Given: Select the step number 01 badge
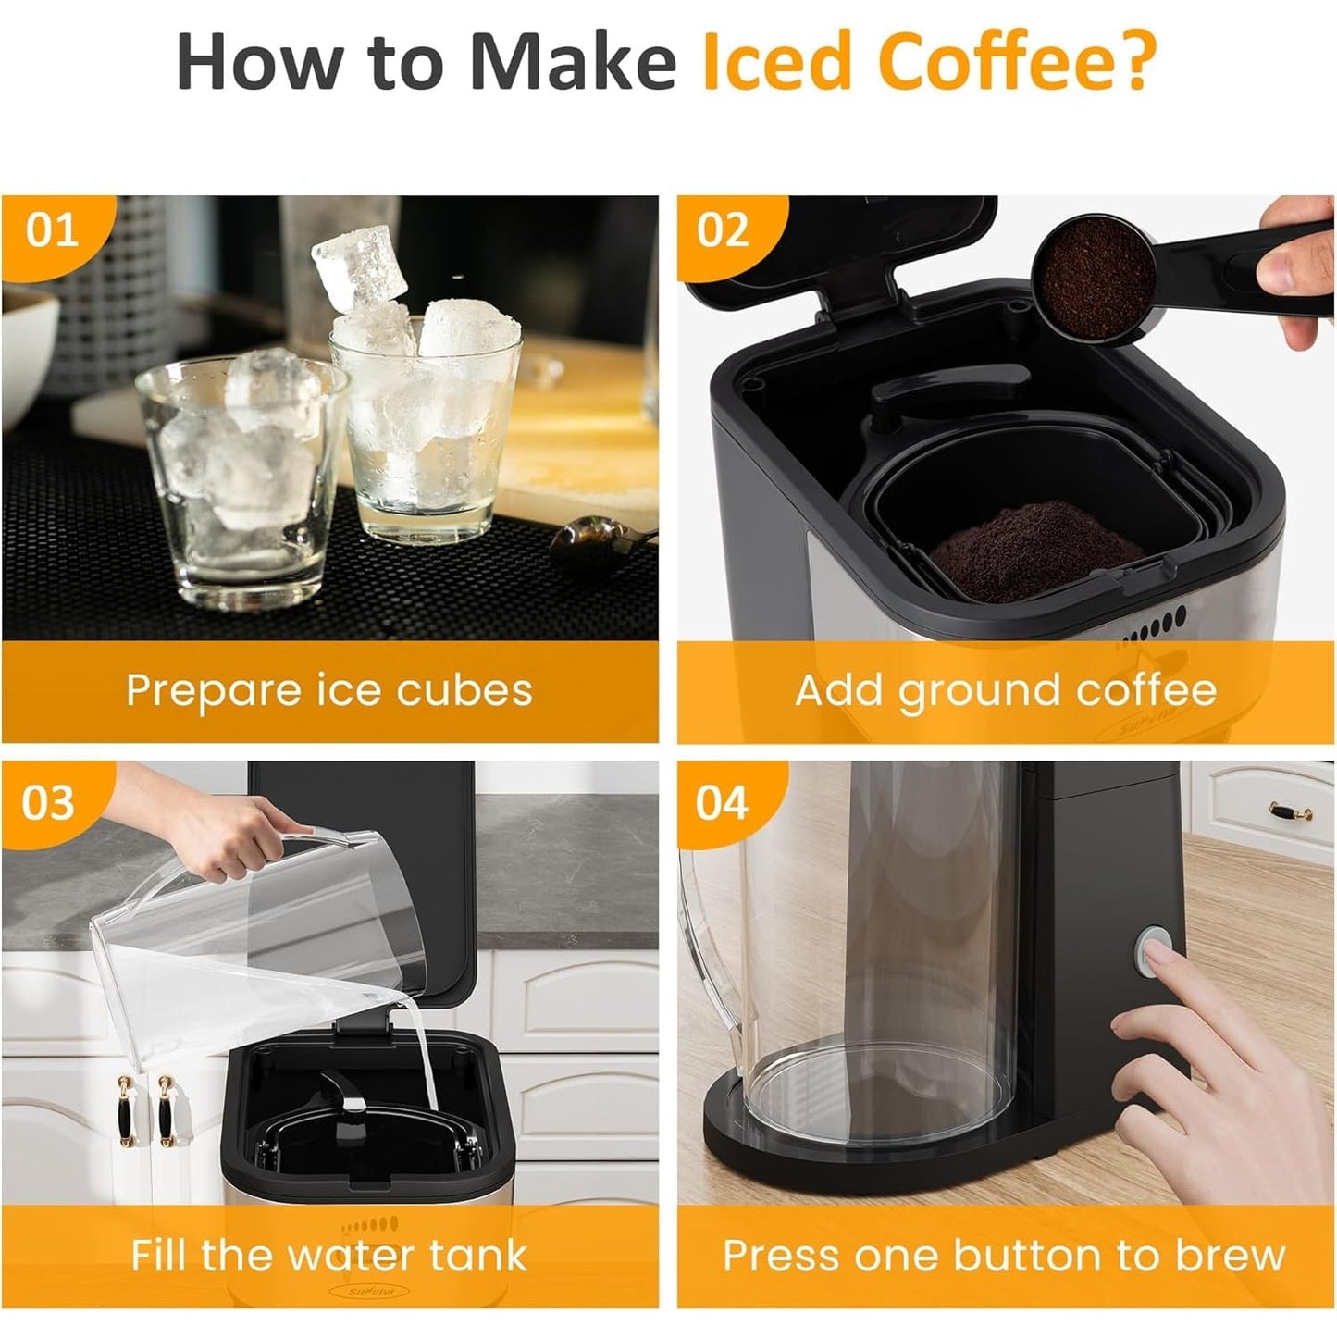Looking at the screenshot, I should pos(52,230).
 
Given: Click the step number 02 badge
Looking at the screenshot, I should pos(723,230).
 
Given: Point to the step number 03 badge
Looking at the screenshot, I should pos(48,803).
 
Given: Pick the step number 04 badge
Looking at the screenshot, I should pos(722,803).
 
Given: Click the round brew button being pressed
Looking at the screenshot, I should pos(1155,949).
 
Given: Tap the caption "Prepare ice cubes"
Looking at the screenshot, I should pos(329,690).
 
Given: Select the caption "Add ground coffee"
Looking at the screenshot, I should pos(1006,690).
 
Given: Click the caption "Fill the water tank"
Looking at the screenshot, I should pos(329,1256).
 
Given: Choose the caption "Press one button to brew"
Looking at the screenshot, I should pos(1005,1256).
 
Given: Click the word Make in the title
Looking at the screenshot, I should pos(572,61).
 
